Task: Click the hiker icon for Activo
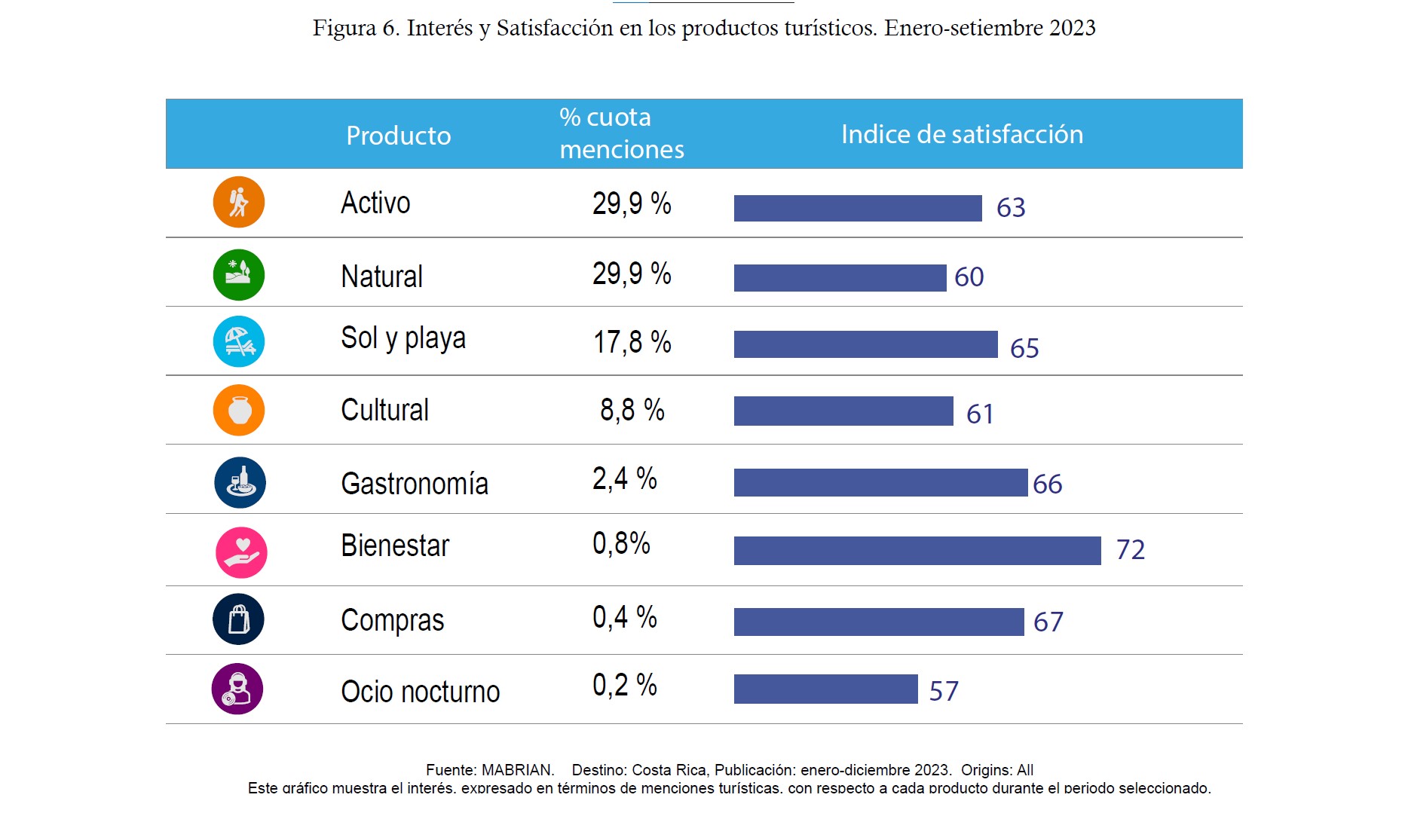pyautogui.click(x=238, y=202)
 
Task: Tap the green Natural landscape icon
pyautogui.click(x=238, y=274)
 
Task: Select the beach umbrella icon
pyautogui.click(x=238, y=341)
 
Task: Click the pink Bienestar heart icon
pyautogui.click(x=241, y=552)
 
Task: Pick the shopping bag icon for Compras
pyautogui.click(x=238, y=619)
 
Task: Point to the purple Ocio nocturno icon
pyautogui.click(x=237, y=689)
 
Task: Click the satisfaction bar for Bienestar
pyautogui.click(x=917, y=551)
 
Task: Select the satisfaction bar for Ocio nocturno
pyautogui.click(x=825, y=689)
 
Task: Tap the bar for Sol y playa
pyautogui.click(x=865, y=344)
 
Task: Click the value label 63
pyautogui.click(x=1011, y=208)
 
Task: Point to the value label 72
pyautogui.click(x=1130, y=550)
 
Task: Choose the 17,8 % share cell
pyautogui.click(x=632, y=342)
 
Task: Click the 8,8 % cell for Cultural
pyautogui.click(x=632, y=411)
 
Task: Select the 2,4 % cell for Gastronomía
pyautogui.click(x=624, y=479)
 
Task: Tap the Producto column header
pyautogui.click(x=398, y=136)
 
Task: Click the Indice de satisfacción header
pyautogui.click(x=962, y=134)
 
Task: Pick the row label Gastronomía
pyautogui.click(x=415, y=484)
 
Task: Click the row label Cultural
pyautogui.click(x=384, y=411)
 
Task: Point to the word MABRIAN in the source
pyautogui.click(x=517, y=770)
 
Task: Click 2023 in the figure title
pyautogui.click(x=1072, y=28)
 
